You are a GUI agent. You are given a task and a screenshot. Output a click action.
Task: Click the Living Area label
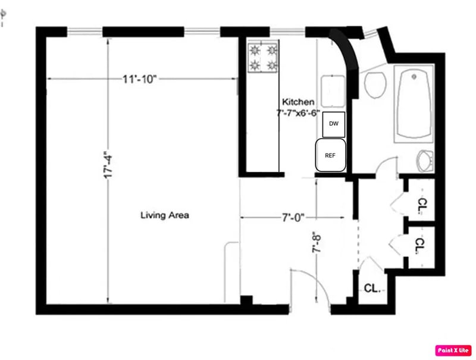[x=165, y=215]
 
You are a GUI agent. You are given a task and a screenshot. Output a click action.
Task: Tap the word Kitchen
[x=298, y=102]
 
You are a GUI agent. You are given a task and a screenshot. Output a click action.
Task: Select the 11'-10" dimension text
[x=139, y=79]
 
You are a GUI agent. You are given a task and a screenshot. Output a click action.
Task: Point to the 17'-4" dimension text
[x=108, y=164]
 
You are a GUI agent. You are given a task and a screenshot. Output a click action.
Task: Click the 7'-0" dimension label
[x=293, y=218]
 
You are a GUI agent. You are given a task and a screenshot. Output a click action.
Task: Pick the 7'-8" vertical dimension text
[x=316, y=243]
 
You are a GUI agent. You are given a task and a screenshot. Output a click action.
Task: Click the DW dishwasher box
[x=334, y=124]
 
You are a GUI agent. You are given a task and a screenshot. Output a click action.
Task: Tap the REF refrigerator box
[x=330, y=155]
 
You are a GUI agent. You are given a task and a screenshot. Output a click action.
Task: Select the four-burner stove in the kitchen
[x=263, y=58]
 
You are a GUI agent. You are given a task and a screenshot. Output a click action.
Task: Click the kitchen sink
[x=333, y=92]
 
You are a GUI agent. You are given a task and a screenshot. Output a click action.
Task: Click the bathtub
[x=414, y=104]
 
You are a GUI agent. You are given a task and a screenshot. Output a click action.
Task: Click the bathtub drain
[x=414, y=77]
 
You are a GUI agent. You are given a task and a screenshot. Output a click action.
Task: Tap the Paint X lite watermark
[x=453, y=350]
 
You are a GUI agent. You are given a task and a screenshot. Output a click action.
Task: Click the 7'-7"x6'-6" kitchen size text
[x=298, y=113]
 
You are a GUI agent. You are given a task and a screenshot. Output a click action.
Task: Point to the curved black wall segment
[x=346, y=58]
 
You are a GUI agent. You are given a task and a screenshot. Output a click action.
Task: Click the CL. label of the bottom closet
[x=372, y=288]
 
